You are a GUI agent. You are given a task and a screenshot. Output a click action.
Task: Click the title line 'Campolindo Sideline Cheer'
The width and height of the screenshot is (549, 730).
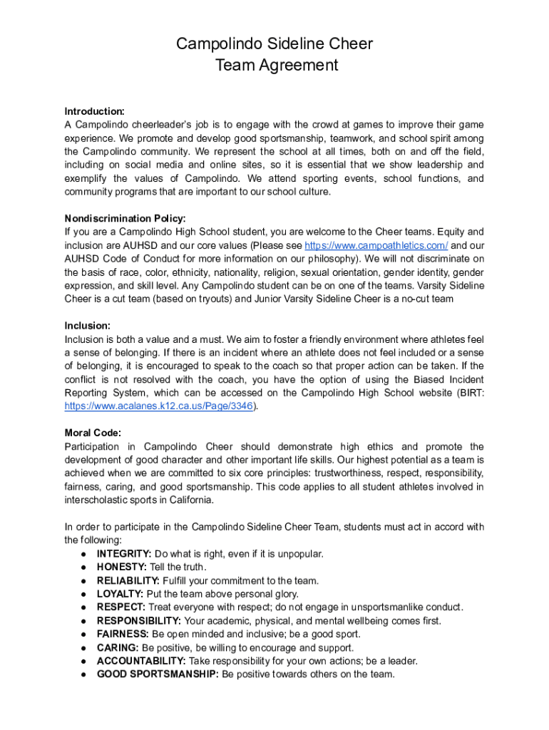coord(274,44)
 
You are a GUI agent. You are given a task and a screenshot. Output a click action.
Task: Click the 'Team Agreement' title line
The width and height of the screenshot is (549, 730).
coord(274,66)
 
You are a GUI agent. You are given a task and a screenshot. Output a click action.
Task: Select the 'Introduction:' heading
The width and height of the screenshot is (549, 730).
coord(95,111)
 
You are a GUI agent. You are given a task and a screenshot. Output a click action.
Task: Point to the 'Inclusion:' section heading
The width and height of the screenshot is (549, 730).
coord(87,326)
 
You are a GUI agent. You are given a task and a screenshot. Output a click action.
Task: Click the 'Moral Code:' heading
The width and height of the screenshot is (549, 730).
coord(93,433)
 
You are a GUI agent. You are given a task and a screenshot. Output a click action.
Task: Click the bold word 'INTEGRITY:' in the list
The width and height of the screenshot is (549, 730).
coord(124,554)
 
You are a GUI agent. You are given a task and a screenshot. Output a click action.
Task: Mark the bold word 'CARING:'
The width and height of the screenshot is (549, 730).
coord(118,648)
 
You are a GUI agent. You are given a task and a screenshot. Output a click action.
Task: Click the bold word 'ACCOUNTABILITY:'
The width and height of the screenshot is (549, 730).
coord(141,661)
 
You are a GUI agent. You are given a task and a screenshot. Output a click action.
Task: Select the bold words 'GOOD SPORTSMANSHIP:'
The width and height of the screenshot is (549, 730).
coord(158,674)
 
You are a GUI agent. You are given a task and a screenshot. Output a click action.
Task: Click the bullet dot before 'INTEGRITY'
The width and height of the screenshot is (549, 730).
coord(84,554)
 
